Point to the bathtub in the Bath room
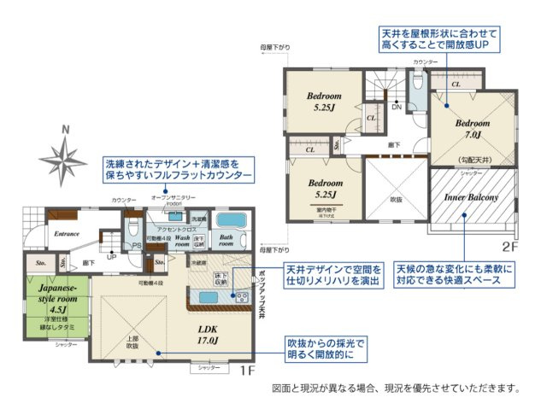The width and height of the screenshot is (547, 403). [227, 221]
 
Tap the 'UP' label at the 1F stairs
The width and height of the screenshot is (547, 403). [111, 255]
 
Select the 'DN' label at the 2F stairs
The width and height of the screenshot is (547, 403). [397, 108]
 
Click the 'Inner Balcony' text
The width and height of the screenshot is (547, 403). [471, 197]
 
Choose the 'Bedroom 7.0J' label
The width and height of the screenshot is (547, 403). [473, 128]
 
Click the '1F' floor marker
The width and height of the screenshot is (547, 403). [246, 372]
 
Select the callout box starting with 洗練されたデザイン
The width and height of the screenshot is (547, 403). [178, 168]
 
